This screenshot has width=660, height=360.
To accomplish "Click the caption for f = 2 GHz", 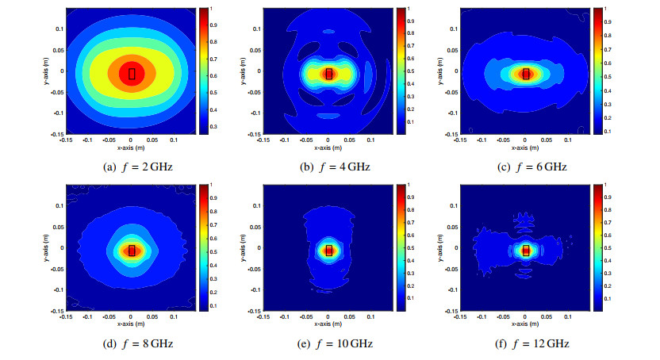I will pos(132,167).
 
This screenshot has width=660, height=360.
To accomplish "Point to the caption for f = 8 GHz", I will pos(132,343).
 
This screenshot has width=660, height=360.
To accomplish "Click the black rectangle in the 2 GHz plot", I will pos(132,74).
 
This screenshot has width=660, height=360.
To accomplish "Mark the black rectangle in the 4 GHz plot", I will pos(328,74).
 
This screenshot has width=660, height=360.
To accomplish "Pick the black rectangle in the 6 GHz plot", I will pos(525,74).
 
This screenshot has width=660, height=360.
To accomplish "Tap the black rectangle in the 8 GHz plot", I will pos(132,251).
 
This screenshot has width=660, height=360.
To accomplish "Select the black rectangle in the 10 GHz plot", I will pos(328,251).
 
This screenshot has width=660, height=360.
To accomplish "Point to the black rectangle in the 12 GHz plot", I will pos(525,251).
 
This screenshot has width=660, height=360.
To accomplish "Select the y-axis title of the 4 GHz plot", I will pos(243,71).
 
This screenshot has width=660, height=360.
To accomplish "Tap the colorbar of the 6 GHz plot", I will pos(597,71).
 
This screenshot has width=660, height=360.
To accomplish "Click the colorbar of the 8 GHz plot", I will pos(204,247).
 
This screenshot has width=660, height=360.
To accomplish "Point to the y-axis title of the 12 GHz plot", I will pos(439,248).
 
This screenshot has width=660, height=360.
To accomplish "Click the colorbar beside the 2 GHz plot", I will pos(204,71).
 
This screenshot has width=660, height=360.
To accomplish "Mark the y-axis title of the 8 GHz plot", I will pos(46,248).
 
